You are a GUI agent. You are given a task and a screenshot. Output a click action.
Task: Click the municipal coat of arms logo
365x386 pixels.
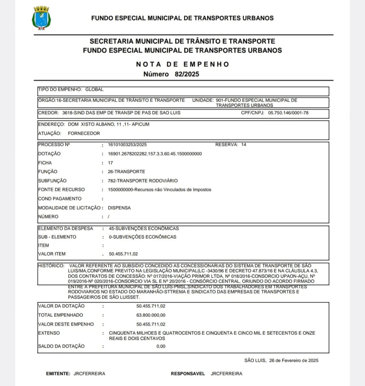tap(41, 18)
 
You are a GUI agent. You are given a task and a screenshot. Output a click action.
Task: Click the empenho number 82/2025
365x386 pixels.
tap(186, 74)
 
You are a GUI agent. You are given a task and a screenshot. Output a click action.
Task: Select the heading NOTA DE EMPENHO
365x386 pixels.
tap(182, 64)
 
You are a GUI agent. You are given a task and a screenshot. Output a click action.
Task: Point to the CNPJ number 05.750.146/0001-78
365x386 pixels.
tap(289, 113)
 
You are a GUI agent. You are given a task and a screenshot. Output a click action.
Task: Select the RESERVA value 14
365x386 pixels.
tap(244, 145)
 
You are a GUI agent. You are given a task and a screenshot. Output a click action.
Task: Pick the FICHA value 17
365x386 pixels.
tap(110, 163)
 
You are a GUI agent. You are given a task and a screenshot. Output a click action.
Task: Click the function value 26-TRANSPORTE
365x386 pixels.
tap(126, 172)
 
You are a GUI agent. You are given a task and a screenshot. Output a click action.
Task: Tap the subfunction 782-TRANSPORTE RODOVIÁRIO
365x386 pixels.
tap(143, 181)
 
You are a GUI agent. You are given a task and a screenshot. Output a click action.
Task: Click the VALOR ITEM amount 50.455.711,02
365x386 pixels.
tap(129, 254)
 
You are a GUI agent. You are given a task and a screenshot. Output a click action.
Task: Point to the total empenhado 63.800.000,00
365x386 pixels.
tap(151, 315)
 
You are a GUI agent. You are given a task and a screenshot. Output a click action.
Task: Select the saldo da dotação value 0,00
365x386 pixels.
tap(161, 346)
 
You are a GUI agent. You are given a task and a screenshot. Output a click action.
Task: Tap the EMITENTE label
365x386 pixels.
tap(58, 374)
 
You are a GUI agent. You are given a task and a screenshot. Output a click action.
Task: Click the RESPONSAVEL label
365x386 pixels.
tap(188, 374)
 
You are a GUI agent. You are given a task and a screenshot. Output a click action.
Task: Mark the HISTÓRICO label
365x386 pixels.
tap(51, 266)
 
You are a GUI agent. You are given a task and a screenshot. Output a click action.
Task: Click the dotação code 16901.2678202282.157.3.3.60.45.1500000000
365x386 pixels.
tap(155, 154)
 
